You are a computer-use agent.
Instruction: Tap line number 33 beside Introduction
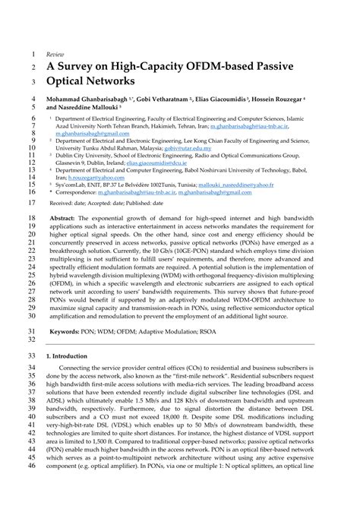(31, 356)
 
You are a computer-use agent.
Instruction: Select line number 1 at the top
(33, 55)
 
